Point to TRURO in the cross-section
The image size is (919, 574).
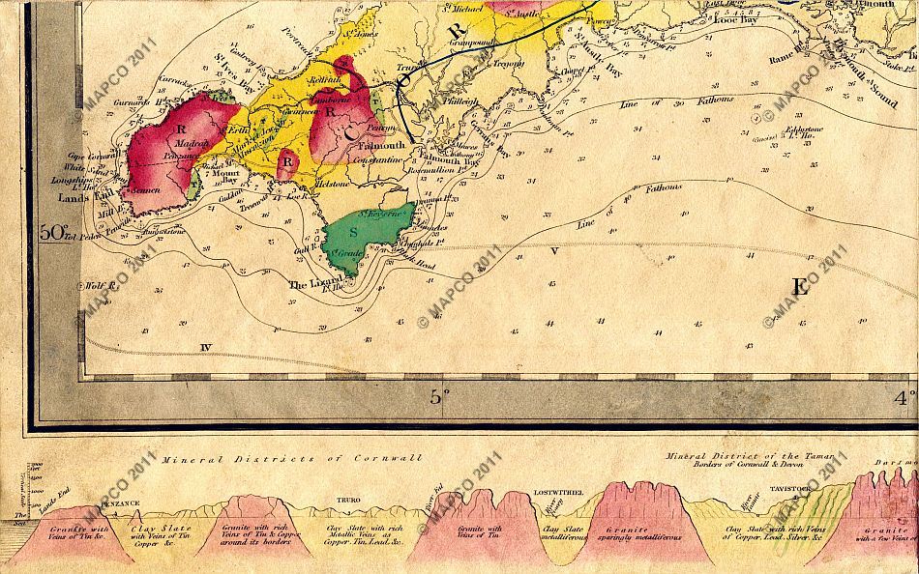coord(347,501)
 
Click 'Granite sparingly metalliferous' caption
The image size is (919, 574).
coord(629,536)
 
